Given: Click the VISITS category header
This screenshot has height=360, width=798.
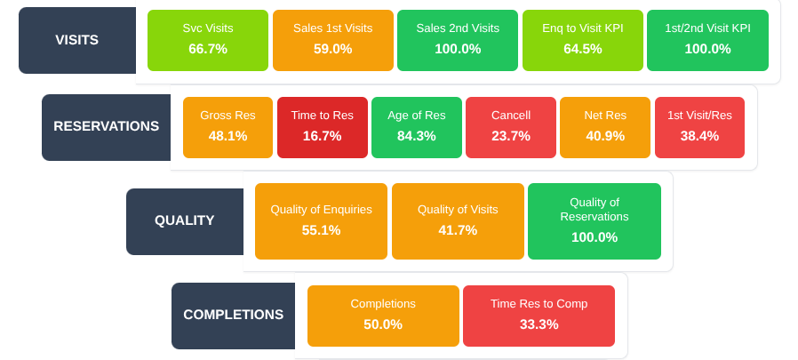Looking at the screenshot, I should click(77, 40).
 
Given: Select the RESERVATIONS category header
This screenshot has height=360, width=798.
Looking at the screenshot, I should click(106, 127).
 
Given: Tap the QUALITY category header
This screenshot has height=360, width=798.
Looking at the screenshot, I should click(184, 221).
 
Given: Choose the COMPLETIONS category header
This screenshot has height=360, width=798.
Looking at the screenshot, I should click(233, 316).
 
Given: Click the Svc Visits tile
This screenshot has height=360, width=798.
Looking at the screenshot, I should click(208, 40).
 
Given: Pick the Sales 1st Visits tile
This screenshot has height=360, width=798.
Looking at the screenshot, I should click(333, 40).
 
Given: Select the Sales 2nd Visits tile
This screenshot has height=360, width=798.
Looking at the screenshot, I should click(458, 40).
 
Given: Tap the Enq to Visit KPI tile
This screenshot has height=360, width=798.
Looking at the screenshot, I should click(583, 40).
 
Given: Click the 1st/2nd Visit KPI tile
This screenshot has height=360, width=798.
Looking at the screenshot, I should click(707, 40).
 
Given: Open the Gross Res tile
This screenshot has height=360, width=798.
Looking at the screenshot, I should click(228, 127).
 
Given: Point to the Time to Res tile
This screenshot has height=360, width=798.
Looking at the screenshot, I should click(323, 127).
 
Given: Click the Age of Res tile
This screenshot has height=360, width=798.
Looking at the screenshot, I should click(417, 127).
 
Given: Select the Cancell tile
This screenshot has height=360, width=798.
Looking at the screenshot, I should click(511, 127).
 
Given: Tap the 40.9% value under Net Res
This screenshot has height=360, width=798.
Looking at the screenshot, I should click(605, 136).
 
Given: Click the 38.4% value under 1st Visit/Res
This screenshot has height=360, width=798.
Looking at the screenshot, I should click(699, 136).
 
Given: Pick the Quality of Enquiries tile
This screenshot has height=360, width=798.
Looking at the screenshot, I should click(321, 221).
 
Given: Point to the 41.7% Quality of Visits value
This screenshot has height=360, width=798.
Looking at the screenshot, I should click(458, 230).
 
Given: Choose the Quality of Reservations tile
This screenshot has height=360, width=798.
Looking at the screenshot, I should click(595, 221).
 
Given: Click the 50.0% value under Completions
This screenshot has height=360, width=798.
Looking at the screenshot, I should click(383, 324).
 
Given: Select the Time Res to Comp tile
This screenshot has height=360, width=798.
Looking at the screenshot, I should click(539, 316).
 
